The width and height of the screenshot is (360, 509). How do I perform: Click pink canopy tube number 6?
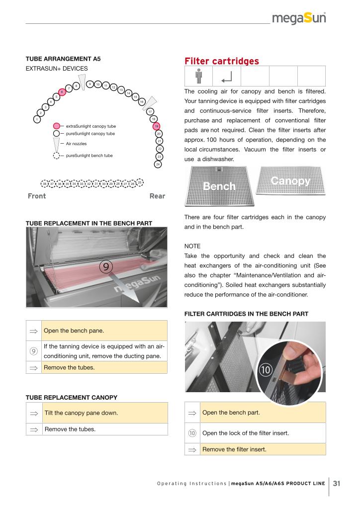(61, 92)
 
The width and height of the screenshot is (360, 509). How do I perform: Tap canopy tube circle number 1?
(37, 119)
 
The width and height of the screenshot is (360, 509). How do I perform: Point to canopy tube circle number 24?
(158, 164)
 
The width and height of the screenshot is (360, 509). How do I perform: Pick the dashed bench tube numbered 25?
(140, 182)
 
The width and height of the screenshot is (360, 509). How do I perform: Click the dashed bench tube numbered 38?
(45, 184)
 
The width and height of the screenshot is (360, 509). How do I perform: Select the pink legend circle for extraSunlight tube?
(57, 126)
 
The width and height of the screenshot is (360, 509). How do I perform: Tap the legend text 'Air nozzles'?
(76, 143)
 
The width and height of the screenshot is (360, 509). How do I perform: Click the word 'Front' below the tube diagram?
(37, 196)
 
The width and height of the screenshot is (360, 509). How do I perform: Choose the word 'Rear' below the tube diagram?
(157, 196)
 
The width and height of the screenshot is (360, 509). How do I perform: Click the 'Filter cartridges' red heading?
(221, 61)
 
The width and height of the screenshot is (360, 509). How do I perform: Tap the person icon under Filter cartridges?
(198, 77)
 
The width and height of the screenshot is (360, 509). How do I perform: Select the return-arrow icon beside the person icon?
(227, 77)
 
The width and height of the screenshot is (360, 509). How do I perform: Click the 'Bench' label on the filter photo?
(219, 186)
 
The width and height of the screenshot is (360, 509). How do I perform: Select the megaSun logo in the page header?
(299, 18)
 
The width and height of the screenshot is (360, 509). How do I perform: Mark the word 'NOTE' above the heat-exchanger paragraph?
(193, 246)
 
